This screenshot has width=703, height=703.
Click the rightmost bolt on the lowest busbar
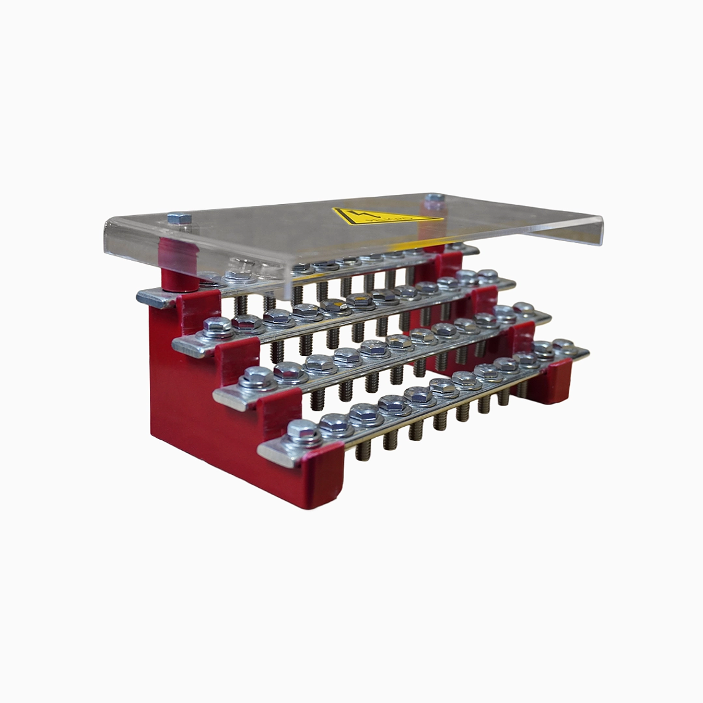562,347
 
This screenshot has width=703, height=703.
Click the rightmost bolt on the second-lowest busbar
524,309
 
